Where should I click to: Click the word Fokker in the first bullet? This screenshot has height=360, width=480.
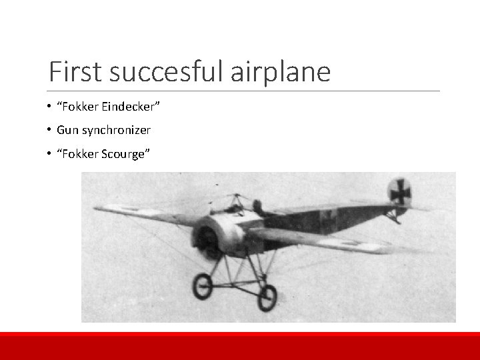(x=81, y=107)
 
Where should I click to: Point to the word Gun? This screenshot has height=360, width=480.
(x=67, y=130)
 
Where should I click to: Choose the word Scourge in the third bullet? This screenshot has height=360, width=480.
(x=125, y=154)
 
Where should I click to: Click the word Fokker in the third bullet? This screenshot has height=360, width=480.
(x=81, y=154)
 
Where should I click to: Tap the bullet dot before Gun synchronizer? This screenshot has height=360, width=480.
(x=50, y=130)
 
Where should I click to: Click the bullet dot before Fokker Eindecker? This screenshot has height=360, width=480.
(x=50, y=107)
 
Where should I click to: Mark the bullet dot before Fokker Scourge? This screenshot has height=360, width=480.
(x=50, y=154)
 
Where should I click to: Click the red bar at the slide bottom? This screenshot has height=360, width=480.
(x=240, y=345)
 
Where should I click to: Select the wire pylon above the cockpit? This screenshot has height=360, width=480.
(x=234, y=199)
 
